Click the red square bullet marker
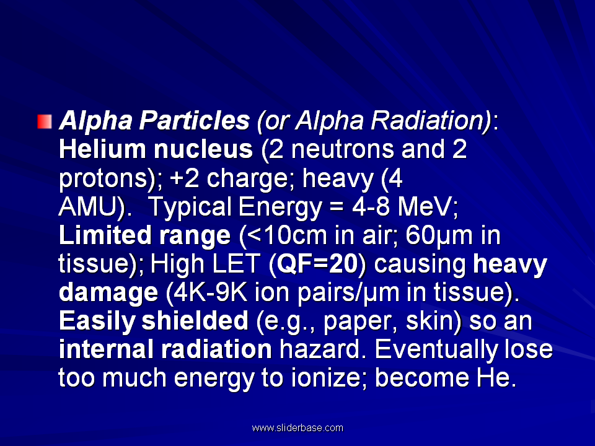click(45, 121)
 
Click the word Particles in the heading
click(194, 121)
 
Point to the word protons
click(102, 179)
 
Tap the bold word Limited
click(105, 235)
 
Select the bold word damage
click(108, 293)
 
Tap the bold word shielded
click(195, 321)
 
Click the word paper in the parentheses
click(359, 322)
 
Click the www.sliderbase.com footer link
click(297, 428)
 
